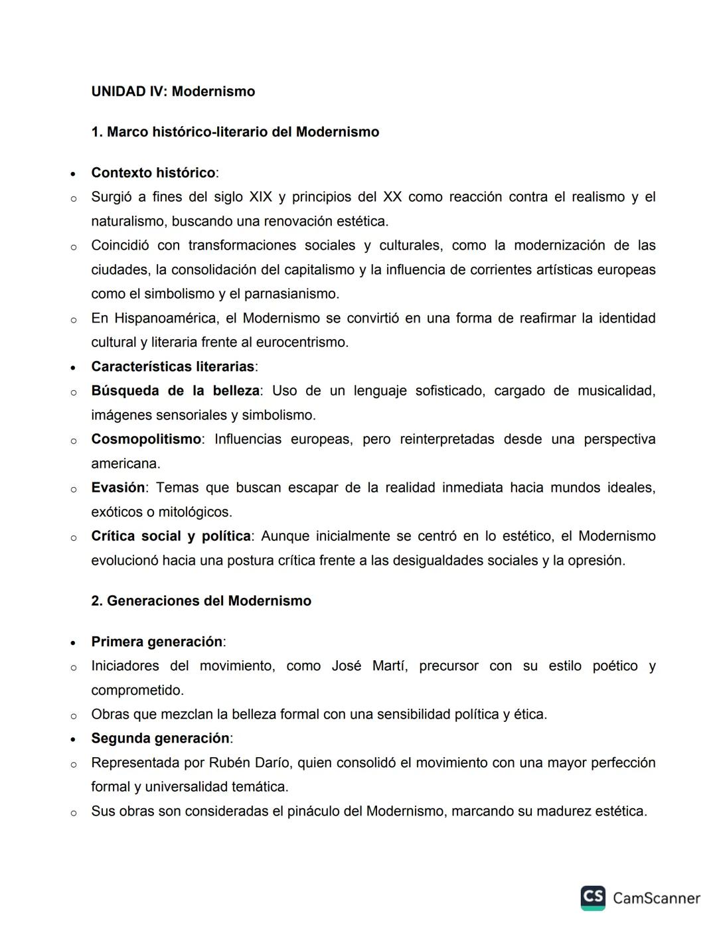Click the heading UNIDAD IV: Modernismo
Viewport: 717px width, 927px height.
pos(173,92)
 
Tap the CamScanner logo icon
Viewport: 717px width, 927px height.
pos(593,898)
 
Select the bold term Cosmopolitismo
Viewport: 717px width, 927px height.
pos(146,439)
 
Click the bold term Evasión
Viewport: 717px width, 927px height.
pos(118,488)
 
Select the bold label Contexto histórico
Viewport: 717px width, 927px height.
pos(153,173)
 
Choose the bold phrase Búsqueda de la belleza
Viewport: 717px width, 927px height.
pos(175,391)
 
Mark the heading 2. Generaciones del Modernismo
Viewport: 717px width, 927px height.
pos(201,601)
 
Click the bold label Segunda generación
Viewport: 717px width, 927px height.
pos(160,739)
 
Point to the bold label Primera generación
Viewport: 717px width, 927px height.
pos(157,642)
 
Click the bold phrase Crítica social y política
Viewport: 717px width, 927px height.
pos(171,536)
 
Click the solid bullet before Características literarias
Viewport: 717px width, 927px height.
pos(73,368)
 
